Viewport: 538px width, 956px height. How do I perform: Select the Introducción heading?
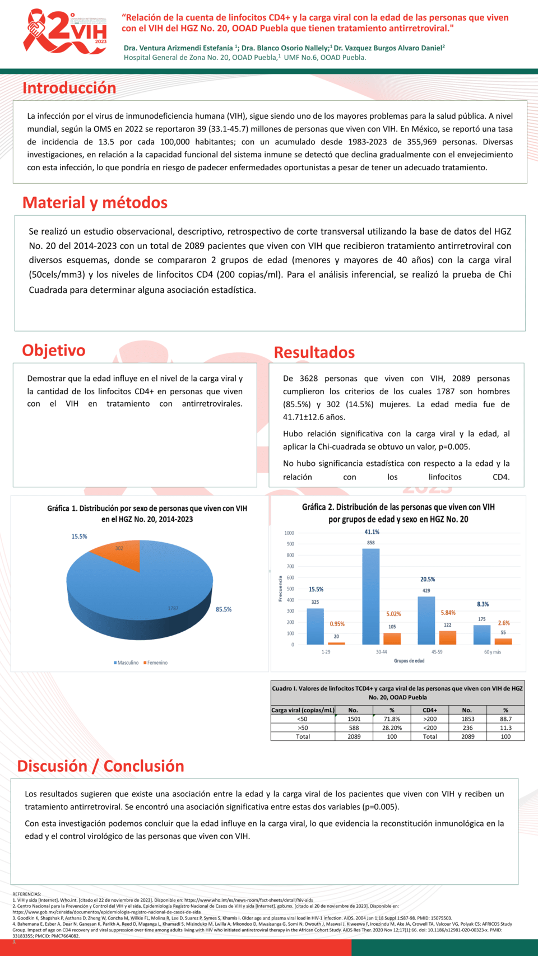(x=69, y=88)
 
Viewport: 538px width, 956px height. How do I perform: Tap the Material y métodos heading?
(x=95, y=203)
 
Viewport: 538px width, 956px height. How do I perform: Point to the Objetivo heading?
(x=54, y=351)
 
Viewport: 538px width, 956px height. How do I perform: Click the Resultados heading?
(x=314, y=352)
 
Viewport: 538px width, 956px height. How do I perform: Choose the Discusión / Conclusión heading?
(x=101, y=766)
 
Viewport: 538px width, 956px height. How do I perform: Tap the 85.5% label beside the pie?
(x=224, y=609)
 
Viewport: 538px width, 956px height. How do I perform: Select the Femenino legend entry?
(x=156, y=663)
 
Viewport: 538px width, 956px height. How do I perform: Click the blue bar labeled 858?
(x=370, y=596)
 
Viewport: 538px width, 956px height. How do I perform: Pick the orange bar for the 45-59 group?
(x=447, y=637)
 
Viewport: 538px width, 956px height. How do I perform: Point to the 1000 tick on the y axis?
(x=289, y=533)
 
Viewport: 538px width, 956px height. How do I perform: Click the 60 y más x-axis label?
(x=493, y=652)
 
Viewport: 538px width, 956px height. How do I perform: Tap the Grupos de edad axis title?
(x=409, y=661)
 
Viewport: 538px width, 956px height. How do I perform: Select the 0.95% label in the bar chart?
(x=337, y=624)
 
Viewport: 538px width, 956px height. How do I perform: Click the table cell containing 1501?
(x=354, y=719)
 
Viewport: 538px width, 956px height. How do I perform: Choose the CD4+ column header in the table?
(x=430, y=710)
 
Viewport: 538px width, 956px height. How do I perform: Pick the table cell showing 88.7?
(x=505, y=719)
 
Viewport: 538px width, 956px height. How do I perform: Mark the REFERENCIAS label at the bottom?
(x=27, y=894)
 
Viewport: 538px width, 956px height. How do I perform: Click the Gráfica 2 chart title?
(x=398, y=513)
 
